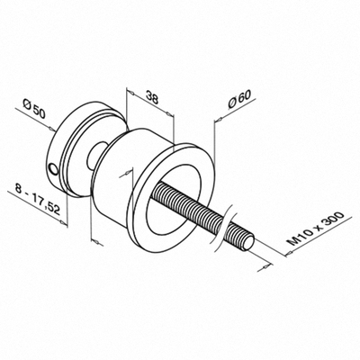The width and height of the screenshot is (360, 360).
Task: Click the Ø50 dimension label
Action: tap(34, 109)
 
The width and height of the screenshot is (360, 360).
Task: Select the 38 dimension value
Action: tap(152, 97)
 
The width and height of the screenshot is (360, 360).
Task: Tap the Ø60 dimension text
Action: tap(239, 99)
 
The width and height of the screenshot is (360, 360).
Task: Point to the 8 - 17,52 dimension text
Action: tap(36, 201)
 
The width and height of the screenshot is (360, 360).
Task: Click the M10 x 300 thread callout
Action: tap(315, 229)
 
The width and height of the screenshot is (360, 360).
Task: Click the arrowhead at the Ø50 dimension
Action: tap(51, 130)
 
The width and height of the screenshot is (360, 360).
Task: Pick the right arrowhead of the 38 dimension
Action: tap(170, 114)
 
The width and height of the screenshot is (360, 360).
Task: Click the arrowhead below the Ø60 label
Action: tap(219, 120)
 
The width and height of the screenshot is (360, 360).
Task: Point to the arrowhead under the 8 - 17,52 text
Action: tap(64, 222)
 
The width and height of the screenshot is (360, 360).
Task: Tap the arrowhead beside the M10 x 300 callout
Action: tap(288, 254)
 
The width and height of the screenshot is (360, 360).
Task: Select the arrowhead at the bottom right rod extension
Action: tap(265, 266)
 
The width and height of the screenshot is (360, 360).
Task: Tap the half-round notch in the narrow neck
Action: tap(94, 156)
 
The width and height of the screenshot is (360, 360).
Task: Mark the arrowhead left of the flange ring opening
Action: tap(129, 173)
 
